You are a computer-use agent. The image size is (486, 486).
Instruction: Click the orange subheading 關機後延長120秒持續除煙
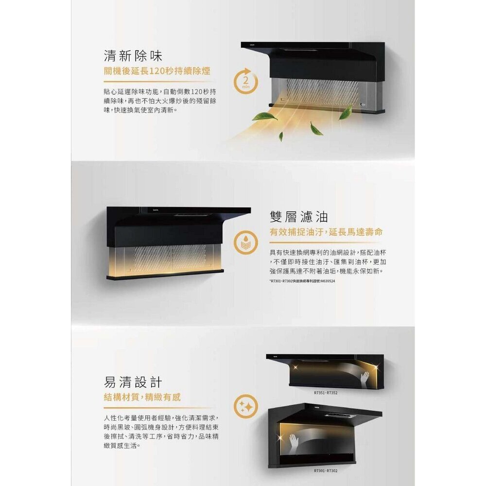point(157,71)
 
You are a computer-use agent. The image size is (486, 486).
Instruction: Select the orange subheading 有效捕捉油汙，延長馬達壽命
point(326,233)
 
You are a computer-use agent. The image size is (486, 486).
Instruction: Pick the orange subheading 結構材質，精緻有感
point(142,398)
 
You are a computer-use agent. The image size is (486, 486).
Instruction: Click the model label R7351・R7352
point(325,392)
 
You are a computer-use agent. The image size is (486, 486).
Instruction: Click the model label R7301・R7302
point(325,471)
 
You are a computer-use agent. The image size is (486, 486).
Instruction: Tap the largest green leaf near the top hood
point(265,116)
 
